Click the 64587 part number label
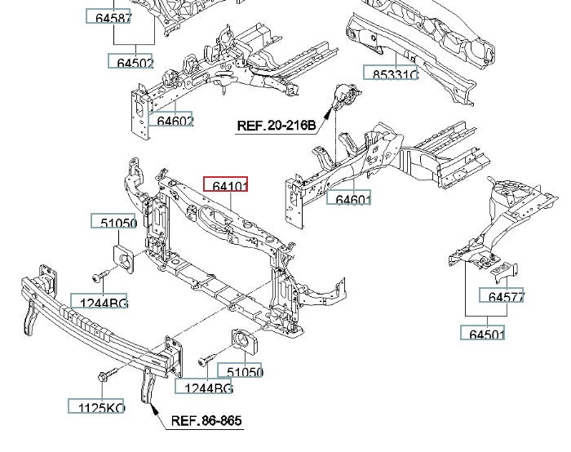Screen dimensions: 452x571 (x=108, y=16)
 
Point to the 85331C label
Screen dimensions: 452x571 (x=391, y=73)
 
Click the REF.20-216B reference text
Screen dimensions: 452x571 (x=276, y=126)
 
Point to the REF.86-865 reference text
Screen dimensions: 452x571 (x=206, y=422)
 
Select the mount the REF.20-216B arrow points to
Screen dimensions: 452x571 (x=345, y=100)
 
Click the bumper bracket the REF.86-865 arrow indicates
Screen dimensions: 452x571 (x=146, y=383)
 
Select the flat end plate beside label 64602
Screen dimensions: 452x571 (x=139, y=110)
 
